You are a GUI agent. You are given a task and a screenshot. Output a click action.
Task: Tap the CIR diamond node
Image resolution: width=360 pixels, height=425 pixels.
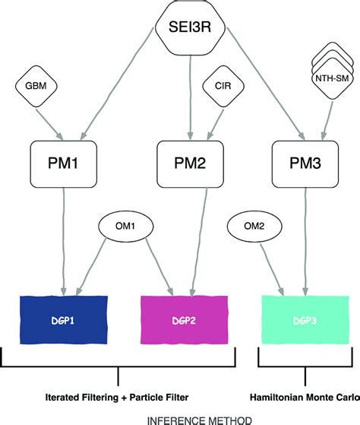pos(223,87)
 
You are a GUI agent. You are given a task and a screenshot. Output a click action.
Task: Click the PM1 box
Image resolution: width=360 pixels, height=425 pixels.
pos(63,162)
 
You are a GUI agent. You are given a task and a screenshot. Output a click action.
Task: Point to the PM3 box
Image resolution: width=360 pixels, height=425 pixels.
pos(306,162)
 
